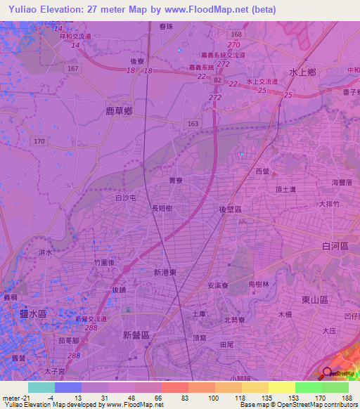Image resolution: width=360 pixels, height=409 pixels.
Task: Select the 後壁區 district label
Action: [230, 209]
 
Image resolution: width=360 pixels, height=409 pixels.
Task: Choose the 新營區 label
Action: [135, 335]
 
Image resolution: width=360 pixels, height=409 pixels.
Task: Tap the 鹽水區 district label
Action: [33, 314]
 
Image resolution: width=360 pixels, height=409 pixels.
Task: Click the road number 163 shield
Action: [193, 123]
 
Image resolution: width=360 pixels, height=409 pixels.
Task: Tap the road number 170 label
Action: [39, 141]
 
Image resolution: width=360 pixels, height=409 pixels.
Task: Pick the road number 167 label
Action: [74, 68]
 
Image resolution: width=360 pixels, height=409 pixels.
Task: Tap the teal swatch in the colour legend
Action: [41, 387]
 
